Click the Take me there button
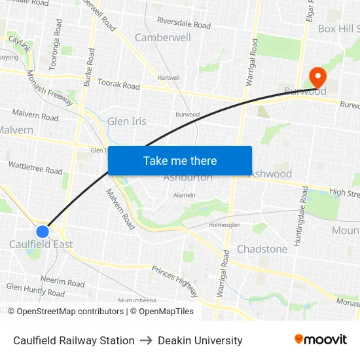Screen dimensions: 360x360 [x=180, y=160]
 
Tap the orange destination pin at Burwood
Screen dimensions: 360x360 [x=318, y=78]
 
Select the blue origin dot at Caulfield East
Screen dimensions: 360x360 [x=43, y=231]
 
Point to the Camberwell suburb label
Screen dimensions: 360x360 [x=163, y=37]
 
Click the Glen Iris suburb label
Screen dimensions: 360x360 [x=127, y=121]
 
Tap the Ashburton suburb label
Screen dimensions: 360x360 [x=188, y=177]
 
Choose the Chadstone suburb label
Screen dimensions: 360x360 [x=262, y=249]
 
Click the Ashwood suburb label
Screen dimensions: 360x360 [x=270, y=173]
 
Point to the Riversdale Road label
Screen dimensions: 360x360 [x=184, y=24]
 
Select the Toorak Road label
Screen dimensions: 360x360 [x=118, y=84]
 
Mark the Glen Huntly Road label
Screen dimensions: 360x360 [x=35, y=290]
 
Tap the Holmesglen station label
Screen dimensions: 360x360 [x=225, y=225]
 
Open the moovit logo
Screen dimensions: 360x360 [x=321, y=339]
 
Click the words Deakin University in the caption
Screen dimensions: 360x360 [x=200, y=340]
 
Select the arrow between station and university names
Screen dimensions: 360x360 [x=146, y=340]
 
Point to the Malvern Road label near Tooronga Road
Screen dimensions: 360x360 [x=35, y=117]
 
